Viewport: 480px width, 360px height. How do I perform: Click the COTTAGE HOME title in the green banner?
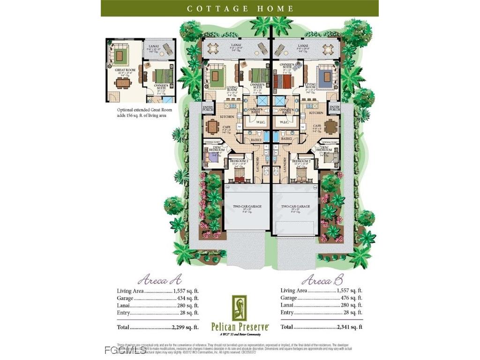(240, 8)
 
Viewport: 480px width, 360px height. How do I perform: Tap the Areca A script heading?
(159, 280)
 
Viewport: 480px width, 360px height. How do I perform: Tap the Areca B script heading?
(322, 280)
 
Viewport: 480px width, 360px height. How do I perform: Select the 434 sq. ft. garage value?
(187, 298)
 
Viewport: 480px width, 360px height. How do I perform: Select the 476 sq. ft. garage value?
(351, 298)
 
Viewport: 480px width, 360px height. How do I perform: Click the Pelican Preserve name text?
(240, 326)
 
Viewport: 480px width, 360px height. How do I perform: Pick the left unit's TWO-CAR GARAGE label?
(248, 206)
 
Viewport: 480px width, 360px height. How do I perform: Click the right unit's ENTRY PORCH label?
(334, 109)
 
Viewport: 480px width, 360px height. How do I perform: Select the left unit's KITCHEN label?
(227, 117)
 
